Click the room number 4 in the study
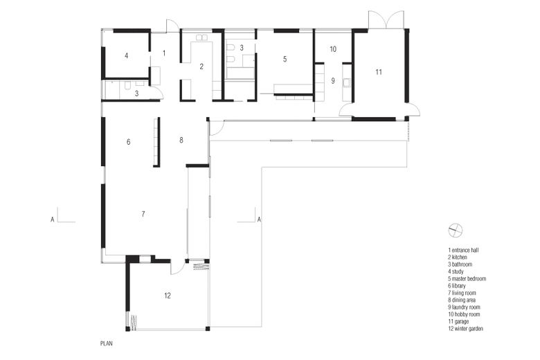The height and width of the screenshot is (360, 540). pyautogui.click(x=127, y=55)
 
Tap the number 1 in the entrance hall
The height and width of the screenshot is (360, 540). pyautogui.click(x=164, y=53)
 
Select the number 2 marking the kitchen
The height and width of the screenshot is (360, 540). pyautogui.click(x=201, y=66)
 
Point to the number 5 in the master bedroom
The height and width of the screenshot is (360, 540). pyautogui.click(x=285, y=59)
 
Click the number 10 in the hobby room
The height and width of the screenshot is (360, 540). pyautogui.click(x=333, y=49)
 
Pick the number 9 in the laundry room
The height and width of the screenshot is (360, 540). pyautogui.click(x=333, y=80)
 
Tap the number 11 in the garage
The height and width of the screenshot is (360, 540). pyautogui.click(x=379, y=72)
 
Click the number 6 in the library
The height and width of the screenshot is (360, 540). pyautogui.click(x=129, y=142)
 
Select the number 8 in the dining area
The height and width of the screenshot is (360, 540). pyautogui.click(x=181, y=140)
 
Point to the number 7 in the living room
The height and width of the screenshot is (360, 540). pyautogui.click(x=143, y=214)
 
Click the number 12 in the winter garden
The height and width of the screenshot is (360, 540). pyautogui.click(x=168, y=295)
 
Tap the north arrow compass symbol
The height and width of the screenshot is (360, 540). pyautogui.click(x=456, y=231)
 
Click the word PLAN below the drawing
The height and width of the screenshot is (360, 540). pyautogui.click(x=107, y=343)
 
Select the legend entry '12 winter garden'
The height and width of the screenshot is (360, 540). pyautogui.click(x=466, y=329)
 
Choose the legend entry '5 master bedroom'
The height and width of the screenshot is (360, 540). pyautogui.click(x=467, y=279)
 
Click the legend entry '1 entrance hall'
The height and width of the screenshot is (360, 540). pyautogui.click(x=463, y=250)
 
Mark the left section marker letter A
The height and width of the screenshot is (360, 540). pyautogui.click(x=53, y=219)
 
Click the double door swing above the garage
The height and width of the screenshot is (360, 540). pyautogui.click(x=386, y=20)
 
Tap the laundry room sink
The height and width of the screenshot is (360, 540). pyautogui.click(x=346, y=82)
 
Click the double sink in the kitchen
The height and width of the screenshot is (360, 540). pyautogui.click(x=201, y=37)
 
